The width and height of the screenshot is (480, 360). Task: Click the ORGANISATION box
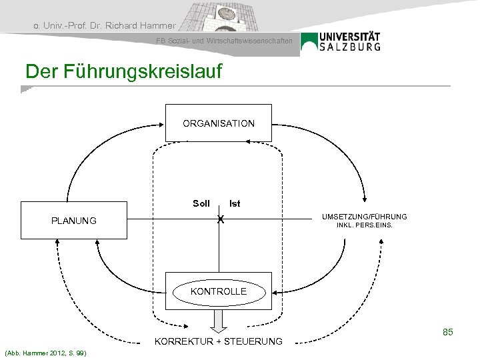(219, 123)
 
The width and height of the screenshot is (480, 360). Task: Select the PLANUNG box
(73, 220)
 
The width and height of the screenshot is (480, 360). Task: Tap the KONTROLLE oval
(219, 291)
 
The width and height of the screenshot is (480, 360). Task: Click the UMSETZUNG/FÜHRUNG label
(365, 217)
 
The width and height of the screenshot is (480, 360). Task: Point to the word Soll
(201, 203)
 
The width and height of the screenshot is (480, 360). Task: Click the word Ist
(235, 203)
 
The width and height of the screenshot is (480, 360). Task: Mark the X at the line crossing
(220, 219)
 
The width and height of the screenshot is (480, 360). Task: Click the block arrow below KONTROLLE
(219, 322)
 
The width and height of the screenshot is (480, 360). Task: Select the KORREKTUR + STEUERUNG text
(219, 341)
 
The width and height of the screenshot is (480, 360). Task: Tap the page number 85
(447, 331)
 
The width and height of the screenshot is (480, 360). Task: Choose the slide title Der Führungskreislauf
(123, 71)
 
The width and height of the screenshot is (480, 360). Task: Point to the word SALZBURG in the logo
(351, 47)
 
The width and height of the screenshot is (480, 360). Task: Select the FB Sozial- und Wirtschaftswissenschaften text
(234, 41)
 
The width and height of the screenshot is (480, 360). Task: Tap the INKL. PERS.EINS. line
(365, 225)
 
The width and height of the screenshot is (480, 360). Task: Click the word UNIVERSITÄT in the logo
(351, 37)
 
